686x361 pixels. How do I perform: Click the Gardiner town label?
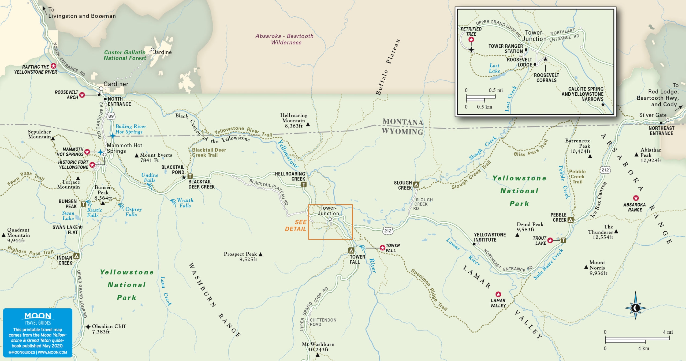116,84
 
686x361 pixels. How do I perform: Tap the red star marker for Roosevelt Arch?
82,95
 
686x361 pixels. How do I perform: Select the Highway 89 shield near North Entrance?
111,116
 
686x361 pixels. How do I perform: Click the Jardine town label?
163,52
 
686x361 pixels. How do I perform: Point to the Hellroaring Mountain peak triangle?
308,124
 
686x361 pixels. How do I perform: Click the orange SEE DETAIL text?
296,225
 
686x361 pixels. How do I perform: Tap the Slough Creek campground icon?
416,185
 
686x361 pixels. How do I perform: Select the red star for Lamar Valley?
498,294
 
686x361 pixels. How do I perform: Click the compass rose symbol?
635,308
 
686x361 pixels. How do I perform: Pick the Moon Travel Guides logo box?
38,333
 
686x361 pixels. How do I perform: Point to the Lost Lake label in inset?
494,68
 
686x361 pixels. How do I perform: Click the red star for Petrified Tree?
471,40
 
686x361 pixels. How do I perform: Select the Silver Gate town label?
653,115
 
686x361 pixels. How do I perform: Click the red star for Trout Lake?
550,240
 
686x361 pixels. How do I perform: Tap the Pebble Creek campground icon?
571,220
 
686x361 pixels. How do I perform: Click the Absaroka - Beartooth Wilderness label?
285,39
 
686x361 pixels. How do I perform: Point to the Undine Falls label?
150,178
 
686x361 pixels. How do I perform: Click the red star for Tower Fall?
382,248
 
